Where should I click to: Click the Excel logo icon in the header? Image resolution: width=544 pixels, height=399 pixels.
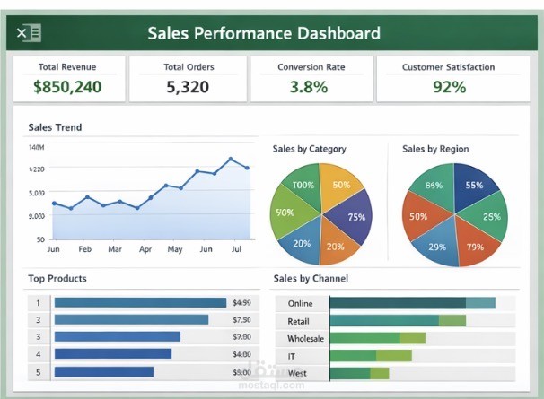(x=29, y=34)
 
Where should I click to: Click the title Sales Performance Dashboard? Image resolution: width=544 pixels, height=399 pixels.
(x=263, y=34)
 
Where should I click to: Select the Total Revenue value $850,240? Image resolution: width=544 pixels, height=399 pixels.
(x=67, y=87)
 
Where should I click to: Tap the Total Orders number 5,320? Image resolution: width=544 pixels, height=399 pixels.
(x=188, y=87)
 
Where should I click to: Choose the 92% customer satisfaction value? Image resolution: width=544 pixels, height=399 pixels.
(x=448, y=87)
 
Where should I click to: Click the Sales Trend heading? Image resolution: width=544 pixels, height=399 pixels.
(x=55, y=127)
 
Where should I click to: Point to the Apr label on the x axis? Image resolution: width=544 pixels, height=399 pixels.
(x=145, y=248)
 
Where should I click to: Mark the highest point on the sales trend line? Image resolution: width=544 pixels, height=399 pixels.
(x=231, y=160)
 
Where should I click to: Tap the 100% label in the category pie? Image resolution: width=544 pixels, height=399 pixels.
(x=303, y=186)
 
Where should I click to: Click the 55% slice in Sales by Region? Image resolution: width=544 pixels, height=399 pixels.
(x=473, y=186)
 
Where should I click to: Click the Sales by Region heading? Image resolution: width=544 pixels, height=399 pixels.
(x=435, y=149)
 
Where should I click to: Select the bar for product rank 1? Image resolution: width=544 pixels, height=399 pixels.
(x=140, y=303)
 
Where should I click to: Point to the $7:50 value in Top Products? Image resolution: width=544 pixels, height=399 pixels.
(x=241, y=320)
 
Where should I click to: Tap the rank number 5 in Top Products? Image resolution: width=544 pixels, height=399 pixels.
(x=38, y=371)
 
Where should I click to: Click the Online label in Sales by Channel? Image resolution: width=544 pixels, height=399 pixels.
(x=300, y=303)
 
